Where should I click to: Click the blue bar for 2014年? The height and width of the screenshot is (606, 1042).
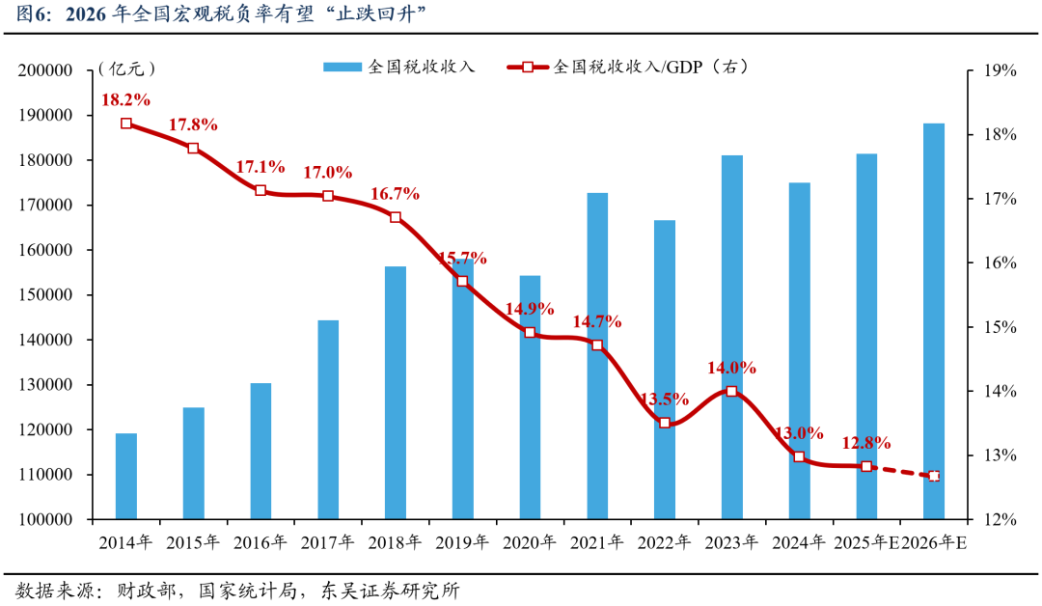coord(126,476)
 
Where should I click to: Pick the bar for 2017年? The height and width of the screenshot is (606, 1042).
coord(328,419)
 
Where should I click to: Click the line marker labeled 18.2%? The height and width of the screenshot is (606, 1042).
coord(126,124)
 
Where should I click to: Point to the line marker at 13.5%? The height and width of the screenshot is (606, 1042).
coord(665,423)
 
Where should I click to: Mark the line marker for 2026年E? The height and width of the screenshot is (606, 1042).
coord(934,476)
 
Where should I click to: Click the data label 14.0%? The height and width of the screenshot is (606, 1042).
coord(732,368)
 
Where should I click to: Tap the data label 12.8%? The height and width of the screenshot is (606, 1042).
coord(865,442)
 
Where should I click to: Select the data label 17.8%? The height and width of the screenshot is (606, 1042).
coord(193,124)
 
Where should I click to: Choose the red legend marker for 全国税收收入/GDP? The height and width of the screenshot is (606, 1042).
coord(528,68)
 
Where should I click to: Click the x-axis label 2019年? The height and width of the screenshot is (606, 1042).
coord(462,542)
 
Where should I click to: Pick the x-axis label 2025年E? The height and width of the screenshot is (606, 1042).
coord(866,542)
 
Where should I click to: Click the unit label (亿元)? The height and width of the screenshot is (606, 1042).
coord(126,69)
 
